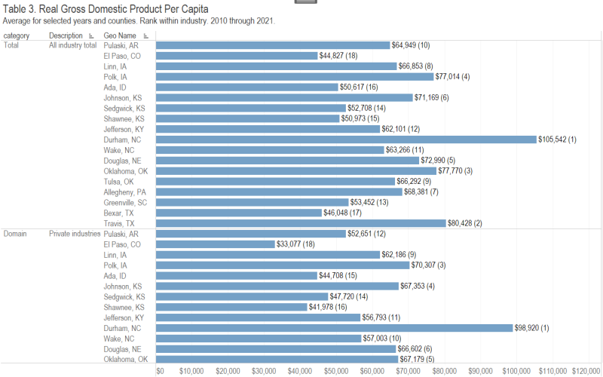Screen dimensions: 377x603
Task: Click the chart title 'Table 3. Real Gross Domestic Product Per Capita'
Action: point(106,9)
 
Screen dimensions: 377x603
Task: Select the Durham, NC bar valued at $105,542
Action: point(346,139)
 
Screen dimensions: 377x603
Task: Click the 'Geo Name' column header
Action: point(120,35)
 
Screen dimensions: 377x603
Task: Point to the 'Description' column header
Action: point(66,35)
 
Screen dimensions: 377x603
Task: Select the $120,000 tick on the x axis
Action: point(585,371)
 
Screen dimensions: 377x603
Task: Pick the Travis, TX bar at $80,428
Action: point(301,223)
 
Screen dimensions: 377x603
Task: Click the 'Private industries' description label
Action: point(75,234)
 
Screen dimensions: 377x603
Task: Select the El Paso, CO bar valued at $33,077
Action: point(216,244)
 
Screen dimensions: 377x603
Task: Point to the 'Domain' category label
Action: point(15,234)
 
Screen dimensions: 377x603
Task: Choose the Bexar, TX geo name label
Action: point(120,213)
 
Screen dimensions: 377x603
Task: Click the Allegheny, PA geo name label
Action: point(125,192)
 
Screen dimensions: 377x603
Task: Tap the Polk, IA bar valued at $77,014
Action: point(295,76)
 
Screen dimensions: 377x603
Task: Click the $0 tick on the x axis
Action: point(160,371)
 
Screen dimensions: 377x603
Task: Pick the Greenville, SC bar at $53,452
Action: point(253,202)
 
